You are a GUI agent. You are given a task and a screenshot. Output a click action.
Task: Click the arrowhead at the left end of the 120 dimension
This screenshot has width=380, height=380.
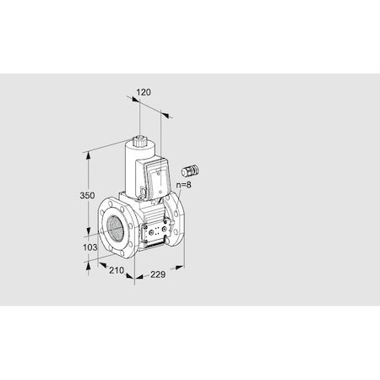[133, 100]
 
